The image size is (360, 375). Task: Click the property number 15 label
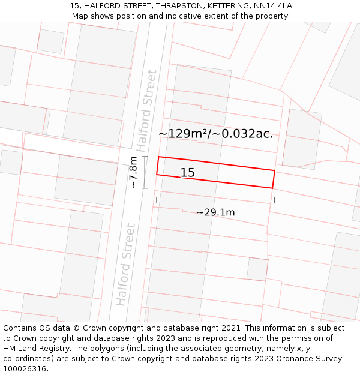coord(187,173)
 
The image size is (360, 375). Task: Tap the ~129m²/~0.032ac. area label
coord(215,134)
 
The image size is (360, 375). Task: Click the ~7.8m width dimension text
coord(133,172)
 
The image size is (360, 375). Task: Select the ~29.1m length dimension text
coord(215,212)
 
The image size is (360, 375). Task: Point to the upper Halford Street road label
coord(146,110)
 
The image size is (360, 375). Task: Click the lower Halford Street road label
coord(126,265)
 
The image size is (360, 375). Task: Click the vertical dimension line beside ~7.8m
coord(145,172)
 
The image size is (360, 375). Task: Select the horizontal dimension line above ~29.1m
coord(215,200)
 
